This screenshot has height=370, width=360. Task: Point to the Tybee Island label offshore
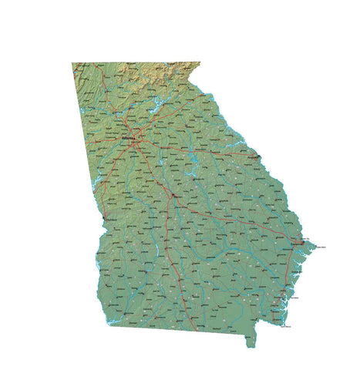pos(318,247)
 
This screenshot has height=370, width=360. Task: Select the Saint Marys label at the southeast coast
pos(285,327)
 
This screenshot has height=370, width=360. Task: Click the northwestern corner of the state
pos(72,63)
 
